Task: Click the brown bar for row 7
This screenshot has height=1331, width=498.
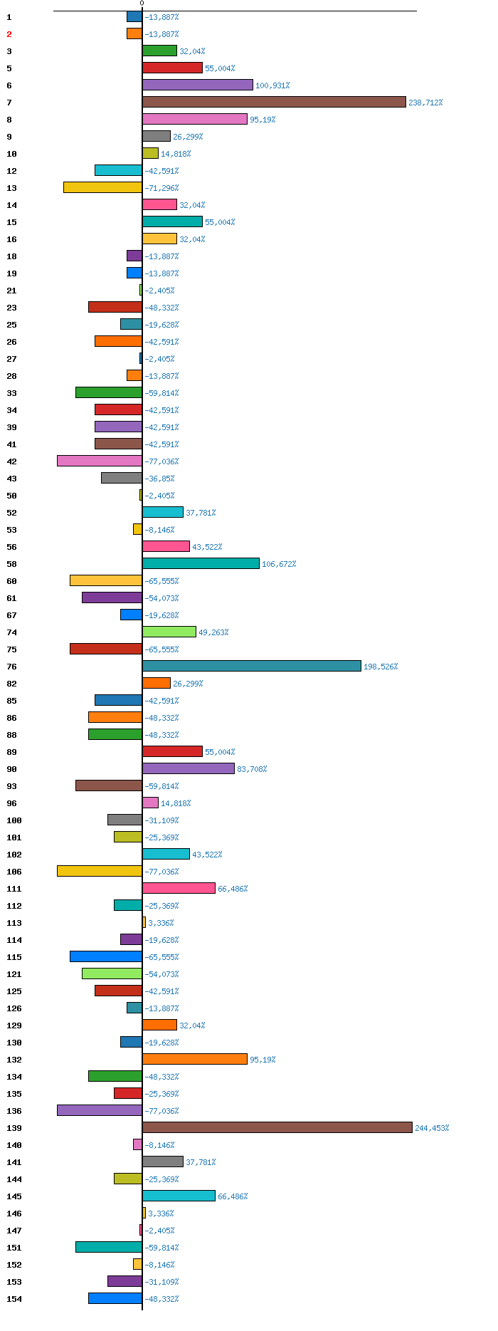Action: tap(274, 102)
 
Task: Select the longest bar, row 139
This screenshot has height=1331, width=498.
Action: tap(277, 1127)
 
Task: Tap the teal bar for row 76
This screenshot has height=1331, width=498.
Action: tap(252, 666)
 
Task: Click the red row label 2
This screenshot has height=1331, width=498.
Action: tap(9, 34)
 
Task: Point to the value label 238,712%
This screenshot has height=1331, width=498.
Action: tap(425, 103)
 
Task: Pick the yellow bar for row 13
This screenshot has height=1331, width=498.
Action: tap(102, 187)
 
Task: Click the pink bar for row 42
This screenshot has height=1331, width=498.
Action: tap(100, 461)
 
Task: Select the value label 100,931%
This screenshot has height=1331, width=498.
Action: tap(272, 85)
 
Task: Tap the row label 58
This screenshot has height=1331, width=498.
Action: tap(11, 564)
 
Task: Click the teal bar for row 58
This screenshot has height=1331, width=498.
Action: tap(201, 563)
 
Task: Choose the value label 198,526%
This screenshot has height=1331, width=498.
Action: tap(381, 667)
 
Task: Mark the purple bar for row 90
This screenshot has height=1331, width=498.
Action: tap(189, 768)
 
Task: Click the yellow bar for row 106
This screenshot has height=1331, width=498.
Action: tap(100, 871)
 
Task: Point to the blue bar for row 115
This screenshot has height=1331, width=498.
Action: tap(106, 956)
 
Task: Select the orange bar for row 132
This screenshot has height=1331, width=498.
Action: tap(195, 1059)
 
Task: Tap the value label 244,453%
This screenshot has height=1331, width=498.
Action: tap(432, 1128)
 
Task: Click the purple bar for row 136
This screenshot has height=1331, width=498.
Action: tap(100, 1110)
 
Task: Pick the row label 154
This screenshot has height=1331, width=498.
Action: tap(14, 1299)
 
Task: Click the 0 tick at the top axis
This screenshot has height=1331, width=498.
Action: tap(142, 4)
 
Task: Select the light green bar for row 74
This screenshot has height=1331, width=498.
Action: tap(169, 632)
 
